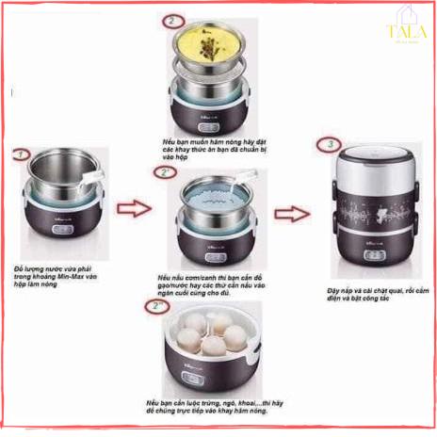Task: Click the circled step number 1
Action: point(20,153)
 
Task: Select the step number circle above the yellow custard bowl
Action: point(170,21)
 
